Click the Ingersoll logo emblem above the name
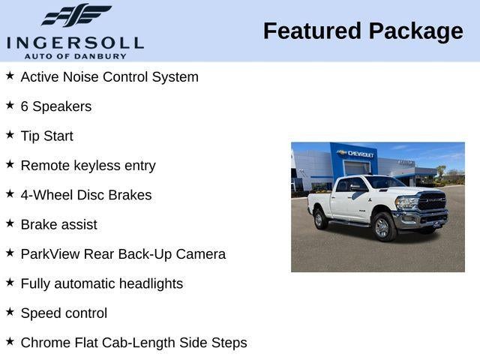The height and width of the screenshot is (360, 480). tap(75, 15)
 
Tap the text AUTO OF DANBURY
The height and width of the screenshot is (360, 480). tap(75, 55)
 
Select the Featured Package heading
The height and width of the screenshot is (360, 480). tap(363, 31)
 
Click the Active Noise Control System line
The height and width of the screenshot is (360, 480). tap(109, 76)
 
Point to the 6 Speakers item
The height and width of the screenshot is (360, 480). tap(56, 106)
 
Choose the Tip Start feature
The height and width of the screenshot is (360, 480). tap(47, 136)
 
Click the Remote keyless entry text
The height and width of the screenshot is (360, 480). tap(88, 166)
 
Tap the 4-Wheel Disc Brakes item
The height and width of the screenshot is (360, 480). tap(86, 195)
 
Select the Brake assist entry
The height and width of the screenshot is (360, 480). tap(59, 224)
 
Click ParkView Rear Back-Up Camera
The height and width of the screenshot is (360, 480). tap(123, 254)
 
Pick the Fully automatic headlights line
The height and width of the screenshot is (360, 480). tap(102, 283)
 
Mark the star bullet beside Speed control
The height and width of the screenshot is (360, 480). tap(10, 311)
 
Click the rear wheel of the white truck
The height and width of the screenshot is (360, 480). tap(320, 219)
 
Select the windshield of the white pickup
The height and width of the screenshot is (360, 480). tap(385, 182)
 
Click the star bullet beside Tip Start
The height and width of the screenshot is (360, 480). tap(10, 134)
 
